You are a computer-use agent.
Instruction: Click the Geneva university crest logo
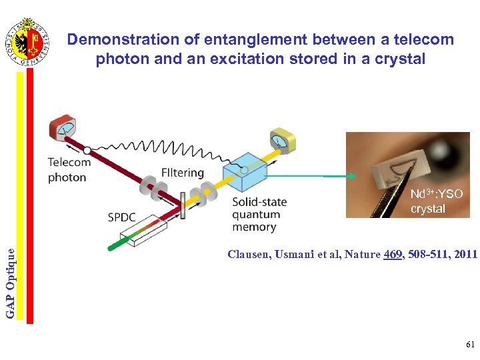[x=27, y=42]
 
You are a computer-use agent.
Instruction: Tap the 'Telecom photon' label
[x=69, y=169]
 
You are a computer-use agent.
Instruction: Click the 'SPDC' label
[x=124, y=217]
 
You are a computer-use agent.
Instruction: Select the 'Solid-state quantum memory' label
[x=259, y=214]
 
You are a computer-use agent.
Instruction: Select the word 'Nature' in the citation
[x=363, y=254]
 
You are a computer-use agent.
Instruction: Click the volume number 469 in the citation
[x=393, y=254]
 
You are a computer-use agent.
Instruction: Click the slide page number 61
[x=469, y=344]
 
